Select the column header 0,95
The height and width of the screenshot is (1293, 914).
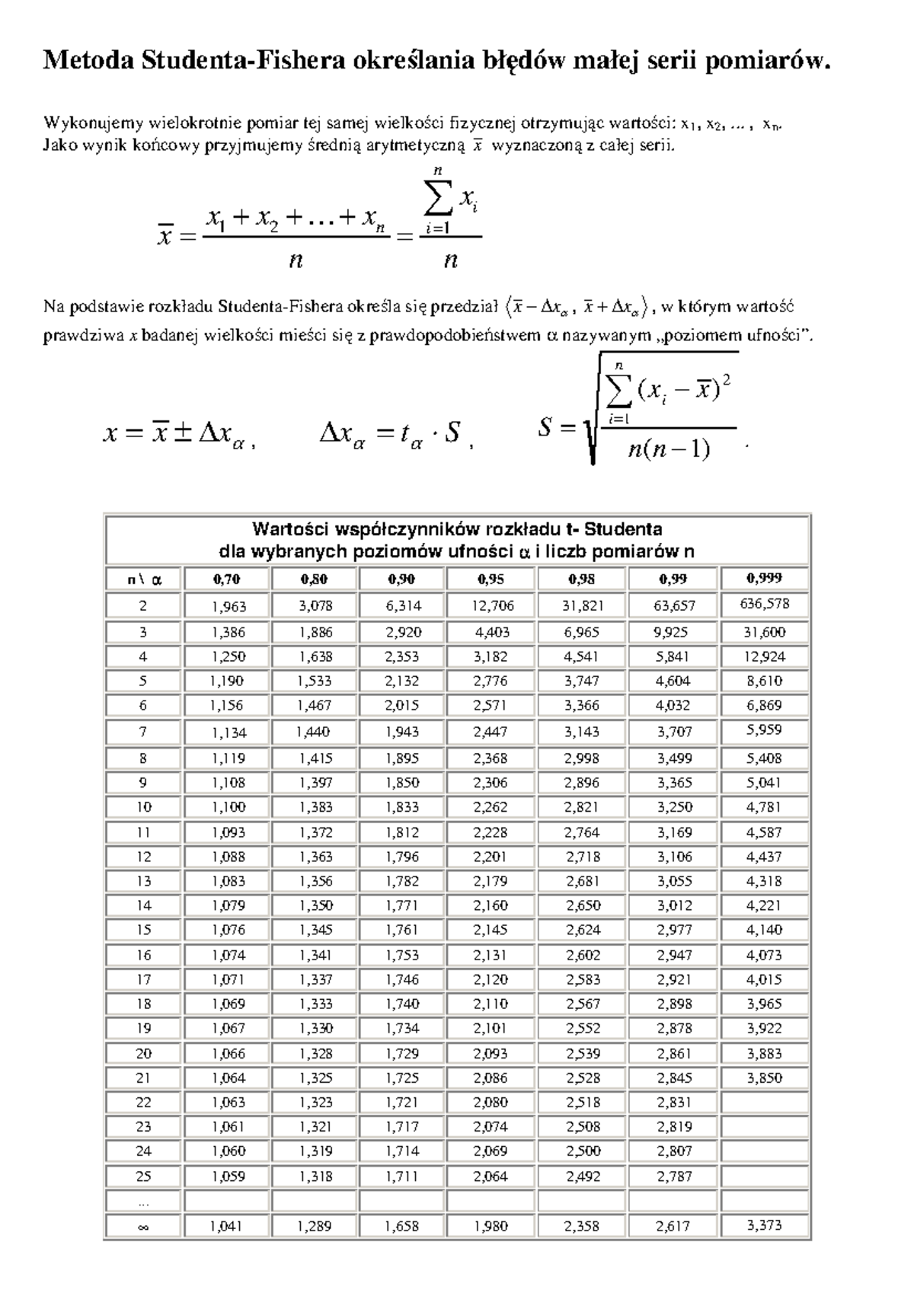click(x=491, y=579)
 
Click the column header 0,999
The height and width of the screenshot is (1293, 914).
click(x=764, y=578)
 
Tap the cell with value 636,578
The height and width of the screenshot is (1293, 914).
click(x=764, y=605)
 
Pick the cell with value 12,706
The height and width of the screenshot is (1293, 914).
click(x=491, y=606)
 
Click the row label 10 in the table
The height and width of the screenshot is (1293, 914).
click(x=143, y=807)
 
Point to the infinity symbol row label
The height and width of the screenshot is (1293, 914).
click(x=143, y=1227)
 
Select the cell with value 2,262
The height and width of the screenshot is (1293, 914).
click(x=491, y=807)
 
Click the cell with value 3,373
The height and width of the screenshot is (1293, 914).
click(x=764, y=1226)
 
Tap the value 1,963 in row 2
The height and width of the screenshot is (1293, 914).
click(x=228, y=606)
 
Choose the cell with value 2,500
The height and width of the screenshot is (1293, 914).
click(x=582, y=1151)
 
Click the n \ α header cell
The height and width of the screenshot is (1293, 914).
click(x=143, y=579)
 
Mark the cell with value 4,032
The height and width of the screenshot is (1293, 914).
click(x=673, y=706)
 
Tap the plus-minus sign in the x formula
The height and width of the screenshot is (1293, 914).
click(x=183, y=433)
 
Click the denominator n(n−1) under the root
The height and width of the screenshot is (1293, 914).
click(x=669, y=450)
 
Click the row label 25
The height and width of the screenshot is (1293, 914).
click(x=143, y=1176)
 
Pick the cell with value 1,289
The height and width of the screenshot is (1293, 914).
click(x=315, y=1227)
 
